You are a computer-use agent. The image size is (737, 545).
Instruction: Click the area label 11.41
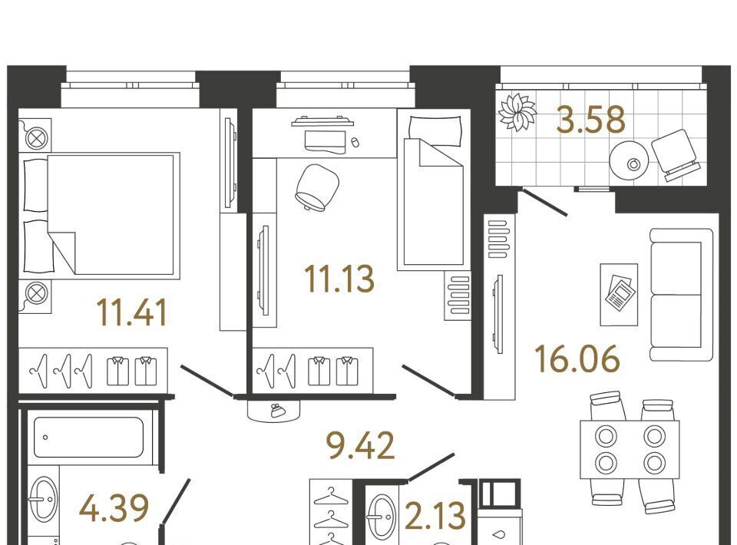click(131, 313)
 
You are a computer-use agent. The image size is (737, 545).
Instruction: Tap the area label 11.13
click(339, 279)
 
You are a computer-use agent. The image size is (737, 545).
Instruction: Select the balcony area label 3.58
click(590, 119)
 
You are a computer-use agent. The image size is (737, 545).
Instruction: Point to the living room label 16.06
click(577, 359)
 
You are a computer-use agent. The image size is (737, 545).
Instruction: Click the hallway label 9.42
click(361, 446)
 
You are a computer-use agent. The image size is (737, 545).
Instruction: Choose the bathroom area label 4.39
click(114, 508)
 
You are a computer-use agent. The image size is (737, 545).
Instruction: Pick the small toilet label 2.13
click(435, 515)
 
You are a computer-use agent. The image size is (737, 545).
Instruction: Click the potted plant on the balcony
click(517, 112)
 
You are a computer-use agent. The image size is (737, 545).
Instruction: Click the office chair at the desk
click(317, 187)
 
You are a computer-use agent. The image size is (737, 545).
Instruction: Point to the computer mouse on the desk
click(355, 141)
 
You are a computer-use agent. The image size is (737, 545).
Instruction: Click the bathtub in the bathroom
click(88, 438)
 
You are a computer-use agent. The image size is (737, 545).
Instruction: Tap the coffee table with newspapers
click(619, 295)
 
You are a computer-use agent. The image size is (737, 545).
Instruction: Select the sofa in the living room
click(682, 295)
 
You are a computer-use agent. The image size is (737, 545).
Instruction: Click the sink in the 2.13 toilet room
click(382, 517)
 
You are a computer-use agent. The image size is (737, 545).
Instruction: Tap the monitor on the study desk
click(322, 121)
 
